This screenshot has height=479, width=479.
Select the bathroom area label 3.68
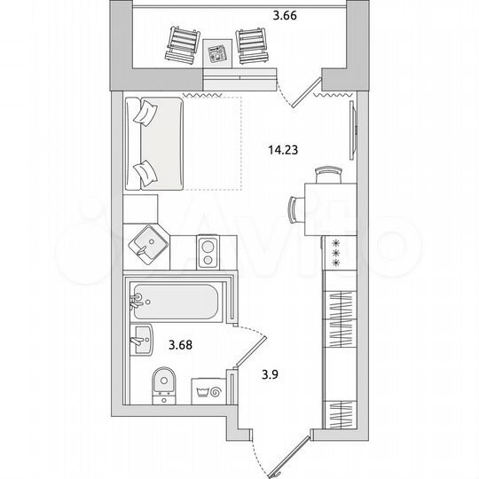tap(180, 341)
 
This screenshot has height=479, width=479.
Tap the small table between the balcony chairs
tap(216, 52)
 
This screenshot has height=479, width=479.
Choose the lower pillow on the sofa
tap(143, 171)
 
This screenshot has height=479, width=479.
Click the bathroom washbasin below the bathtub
tap(141, 337)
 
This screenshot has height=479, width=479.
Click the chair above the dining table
tap(329, 173)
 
